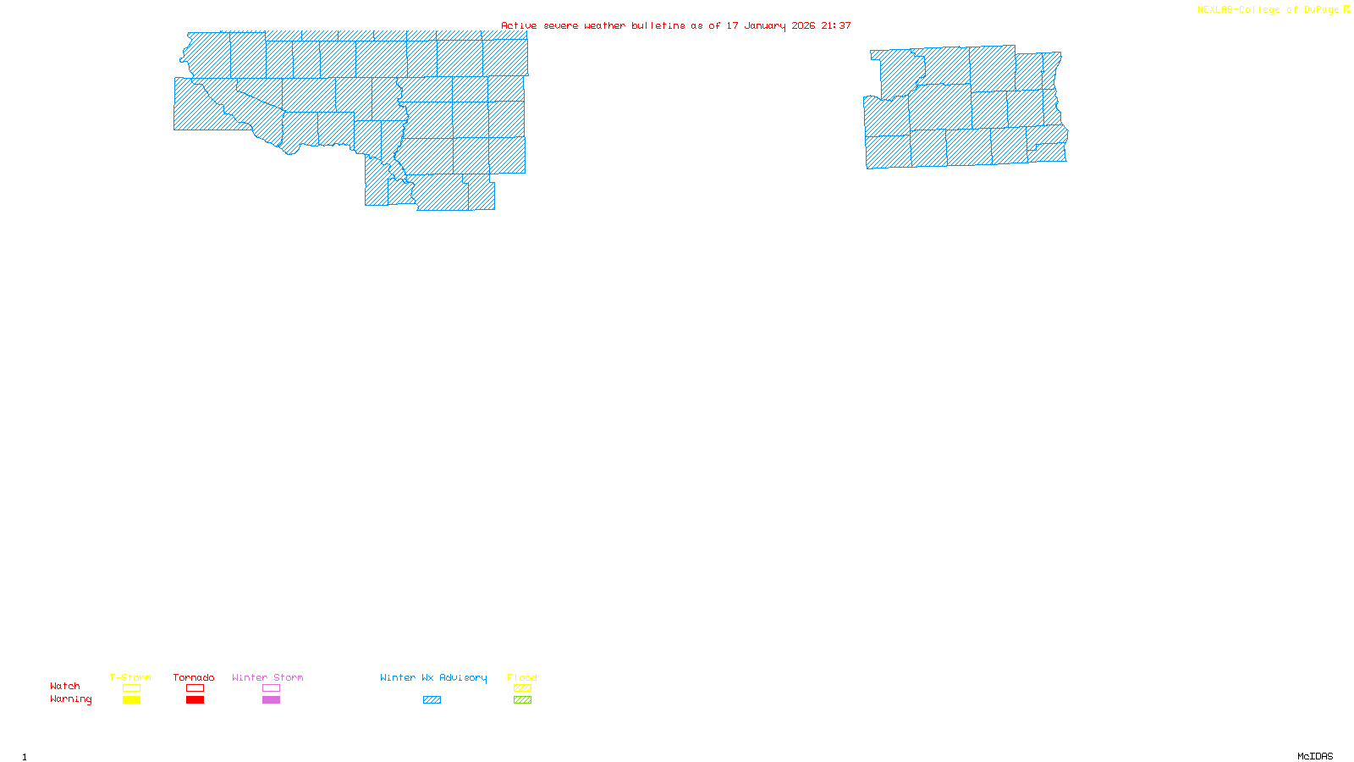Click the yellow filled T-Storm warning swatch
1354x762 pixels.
(x=131, y=700)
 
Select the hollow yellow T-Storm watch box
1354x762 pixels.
(x=131, y=688)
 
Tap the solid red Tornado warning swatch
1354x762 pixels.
(x=195, y=700)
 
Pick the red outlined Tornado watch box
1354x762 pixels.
(x=195, y=688)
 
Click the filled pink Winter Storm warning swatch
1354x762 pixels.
(x=271, y=700)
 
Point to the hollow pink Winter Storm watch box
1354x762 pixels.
(x=271, y=688)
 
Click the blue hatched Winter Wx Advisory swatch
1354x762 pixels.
(x=432, y=700)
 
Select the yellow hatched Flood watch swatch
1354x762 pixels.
(x=522, y=688)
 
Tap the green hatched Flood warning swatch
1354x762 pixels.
(x=522, y=700)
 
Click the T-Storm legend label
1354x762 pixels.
(x=130, y=677)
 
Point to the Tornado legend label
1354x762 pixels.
(x=194, y=677)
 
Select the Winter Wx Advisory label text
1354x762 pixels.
(x=433, y=677)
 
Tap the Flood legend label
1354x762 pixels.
(x=522, y=677)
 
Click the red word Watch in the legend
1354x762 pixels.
(x=65, y=687)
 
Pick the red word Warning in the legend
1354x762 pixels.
(x=70, y=699)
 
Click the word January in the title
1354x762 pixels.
(x=764, y=25)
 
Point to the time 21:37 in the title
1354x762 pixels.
(x=836, y=25)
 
